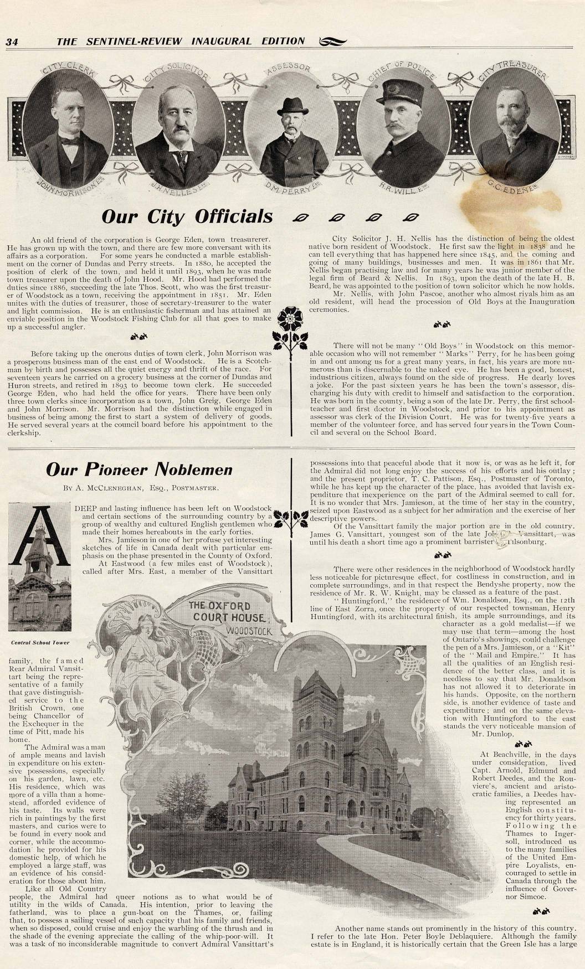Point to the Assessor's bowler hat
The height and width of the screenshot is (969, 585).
(x=290, y=105)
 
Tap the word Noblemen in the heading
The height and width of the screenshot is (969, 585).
(x=193, y=470)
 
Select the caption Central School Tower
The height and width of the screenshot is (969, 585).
(x=36, y=643)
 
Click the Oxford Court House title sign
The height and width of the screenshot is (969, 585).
(x=228, y=617)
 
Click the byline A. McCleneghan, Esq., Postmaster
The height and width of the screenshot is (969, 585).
(x=141, y=488)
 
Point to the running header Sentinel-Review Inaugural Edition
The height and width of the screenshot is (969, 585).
(x=181, y=42)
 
